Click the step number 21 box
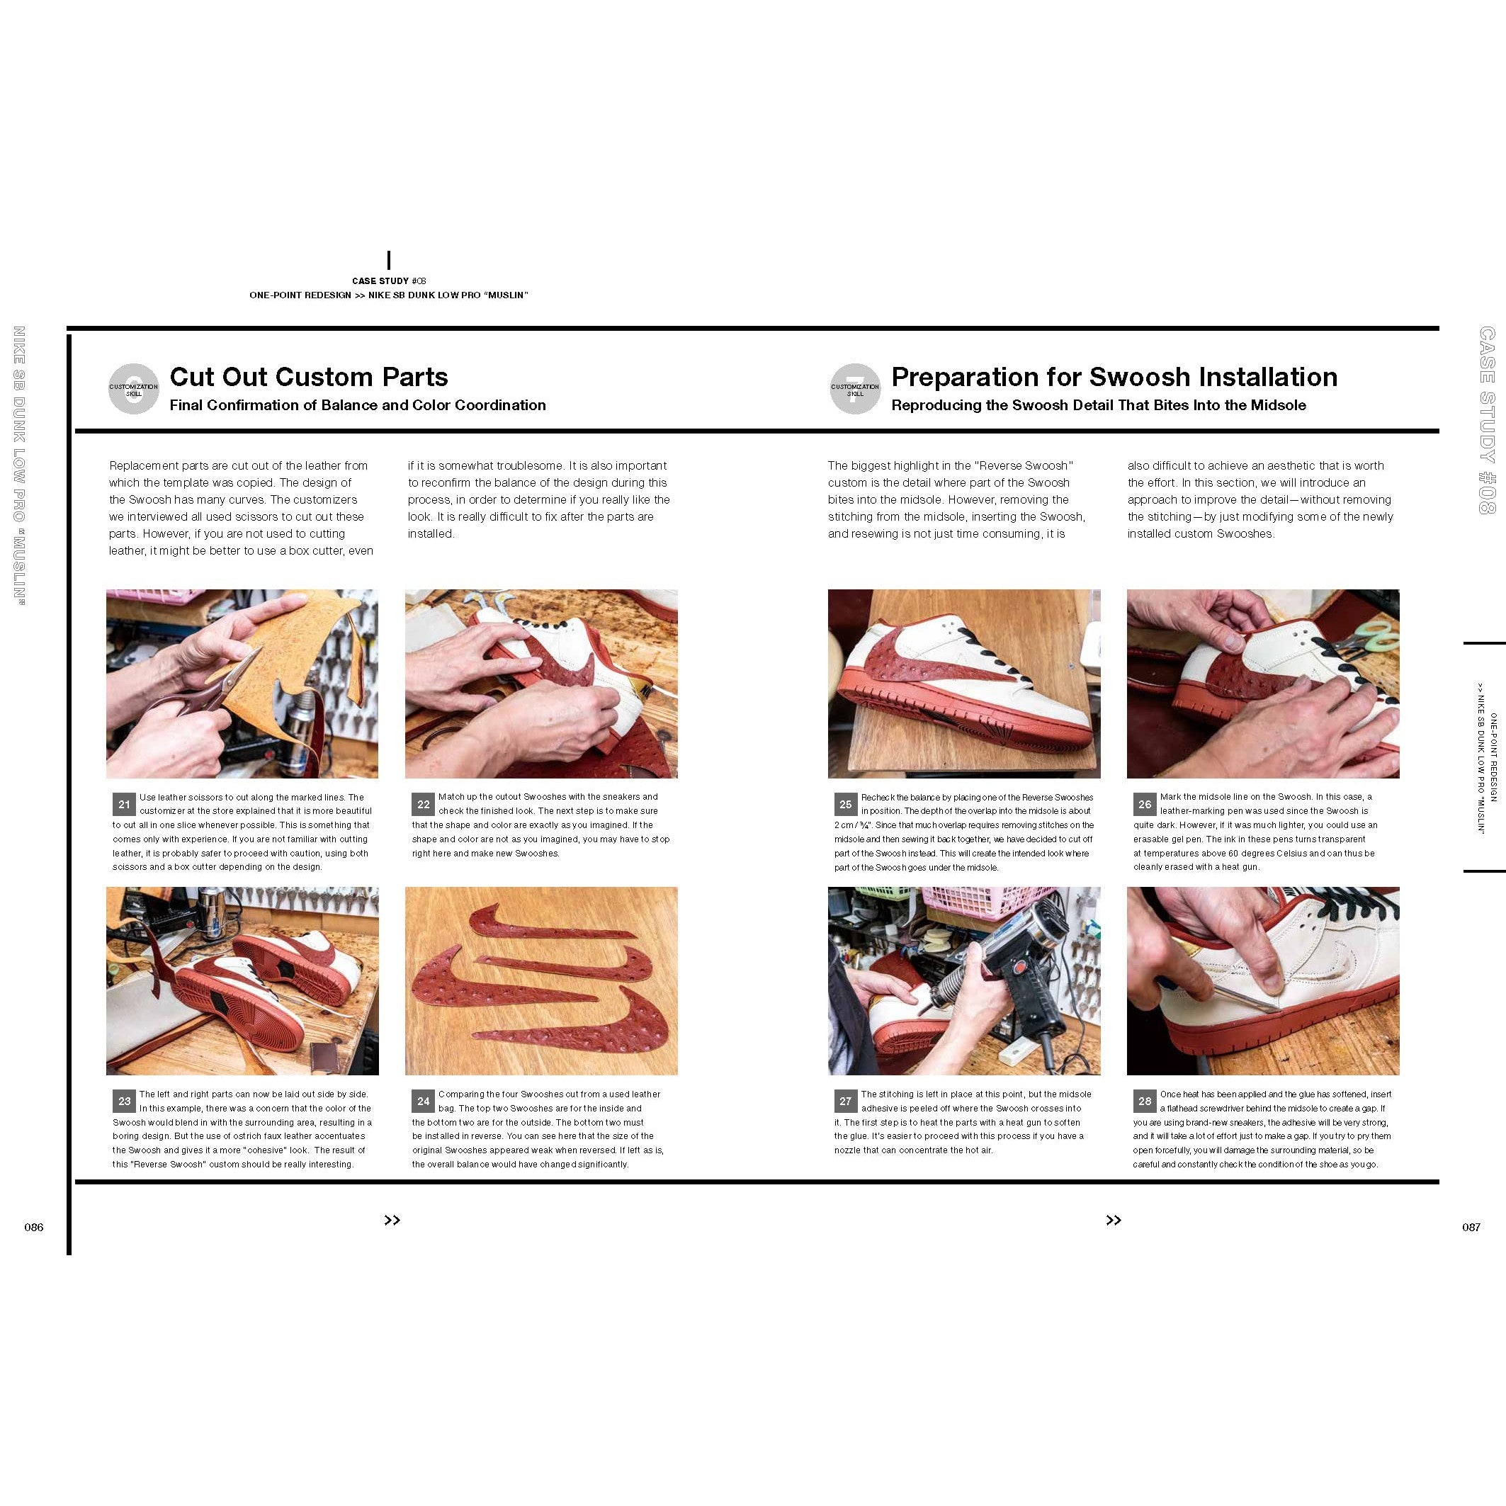[124, 805]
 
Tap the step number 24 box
[424, 1102]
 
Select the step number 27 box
[846, 1102]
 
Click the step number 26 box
[1144, 805]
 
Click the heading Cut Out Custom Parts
[309, 378]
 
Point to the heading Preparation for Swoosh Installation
[1114, 378]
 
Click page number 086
[33, 1227]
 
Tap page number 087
[1471, 1227]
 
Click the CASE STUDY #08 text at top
[389, 281]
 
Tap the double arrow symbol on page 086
[392, 1221]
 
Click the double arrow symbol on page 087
[1113, 1221]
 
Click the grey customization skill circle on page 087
[855, 389]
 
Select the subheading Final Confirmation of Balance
[358, 405]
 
